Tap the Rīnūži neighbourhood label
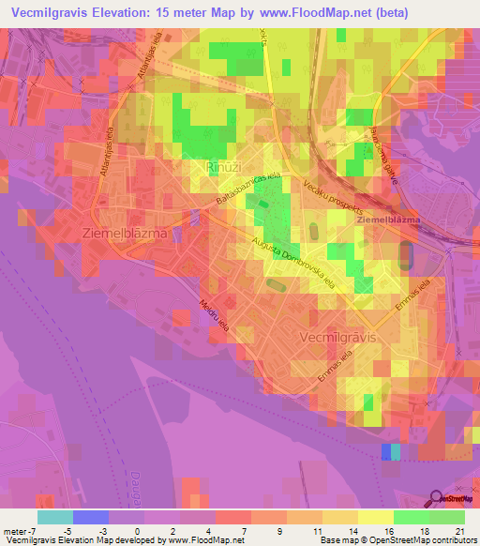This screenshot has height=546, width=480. point(223,167)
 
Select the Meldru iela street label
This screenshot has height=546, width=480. point(212,314)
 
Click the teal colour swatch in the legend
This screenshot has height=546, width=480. point(55,517)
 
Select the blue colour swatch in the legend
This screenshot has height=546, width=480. point(91,517)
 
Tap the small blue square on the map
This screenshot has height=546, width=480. point(386,452)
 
